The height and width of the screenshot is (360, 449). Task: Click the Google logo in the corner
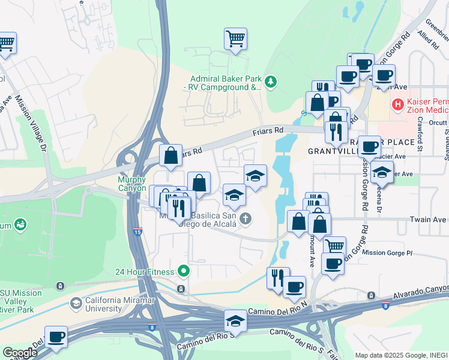pyautogui.click(x=19, y=352)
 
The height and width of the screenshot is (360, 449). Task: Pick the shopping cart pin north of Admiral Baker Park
pyautogui.click(x=236, y=39)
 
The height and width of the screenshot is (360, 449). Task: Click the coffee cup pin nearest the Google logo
pyautogui.click(x=56, y=337)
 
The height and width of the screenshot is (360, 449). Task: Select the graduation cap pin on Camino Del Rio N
pyautogui.click(x=236, y=322)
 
